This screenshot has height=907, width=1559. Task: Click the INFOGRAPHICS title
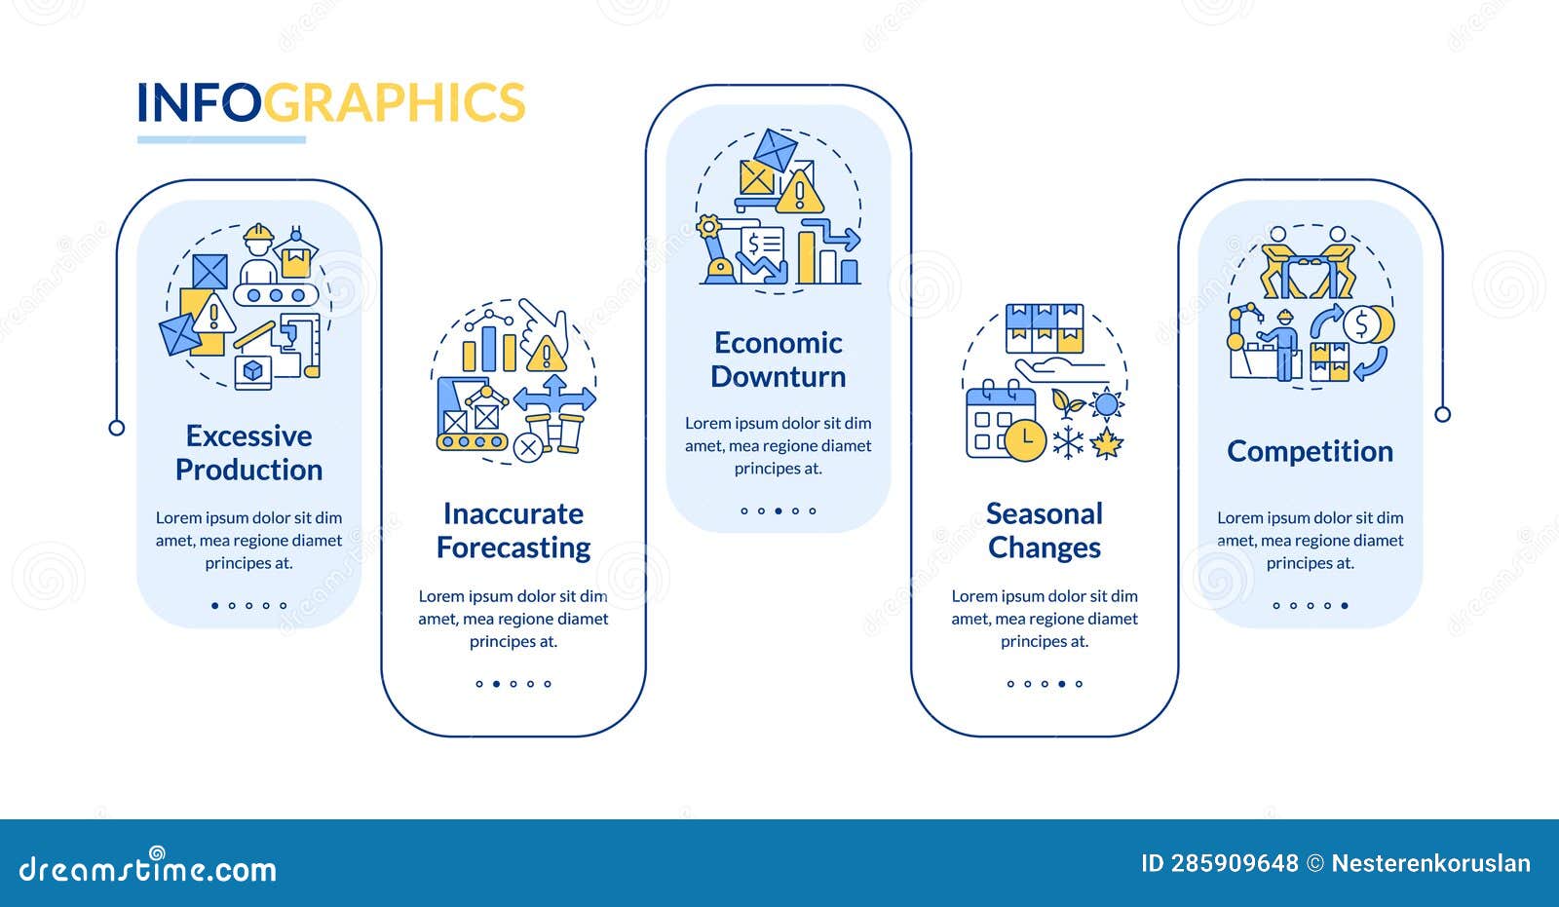tap(330, 102)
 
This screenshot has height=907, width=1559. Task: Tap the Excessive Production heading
tap(248, 452)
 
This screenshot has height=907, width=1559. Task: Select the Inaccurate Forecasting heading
tap(513, 530)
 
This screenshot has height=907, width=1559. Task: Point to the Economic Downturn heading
tap(778, 359)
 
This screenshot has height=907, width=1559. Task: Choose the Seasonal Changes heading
tap(1045, 530)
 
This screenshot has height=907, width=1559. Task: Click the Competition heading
tap(1310, 451)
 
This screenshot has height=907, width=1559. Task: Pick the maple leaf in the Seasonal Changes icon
tap(1106, 443)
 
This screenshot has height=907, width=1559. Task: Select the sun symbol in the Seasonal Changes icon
tap(1107, 402)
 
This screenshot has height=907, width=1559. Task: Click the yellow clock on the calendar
tap(1025, 440)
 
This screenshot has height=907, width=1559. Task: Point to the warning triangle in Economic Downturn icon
tap(801, 193)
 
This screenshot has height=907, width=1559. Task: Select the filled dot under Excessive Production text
tap(215, 606)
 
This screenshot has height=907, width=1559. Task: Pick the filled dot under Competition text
tap(1345, 606)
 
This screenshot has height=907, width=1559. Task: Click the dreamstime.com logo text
tap(148, 867)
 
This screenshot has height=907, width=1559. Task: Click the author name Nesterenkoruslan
tap(1430, 863)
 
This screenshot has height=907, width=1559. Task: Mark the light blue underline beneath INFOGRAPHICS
tap(221, 139)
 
